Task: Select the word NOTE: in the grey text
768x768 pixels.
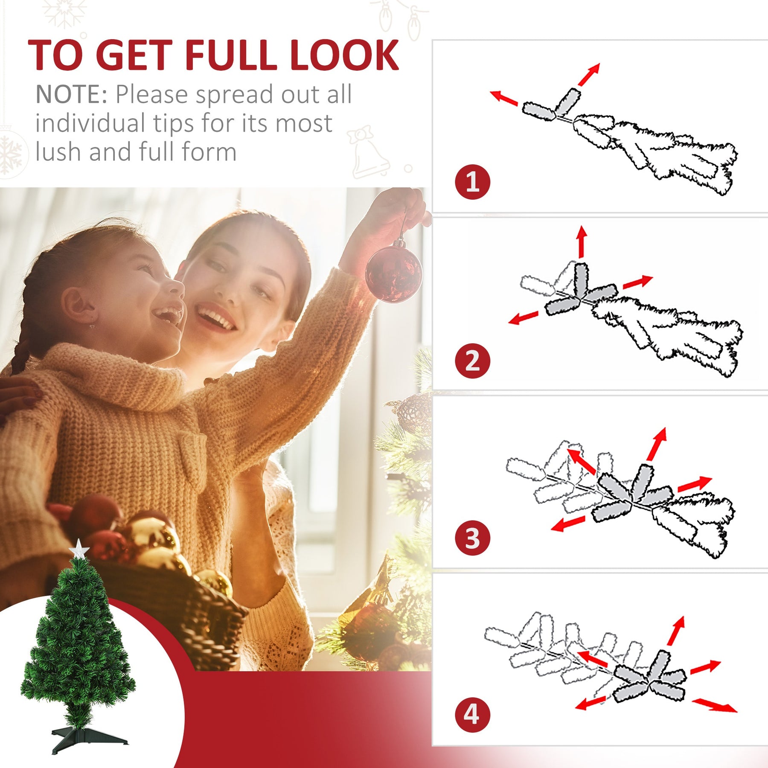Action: click(72, 94)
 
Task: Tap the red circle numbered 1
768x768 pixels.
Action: click(472, 182)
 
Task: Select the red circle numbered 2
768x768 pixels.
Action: click(472, 361)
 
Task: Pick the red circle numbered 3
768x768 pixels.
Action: click(472, 538)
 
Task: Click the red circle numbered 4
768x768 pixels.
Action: click(472, 715)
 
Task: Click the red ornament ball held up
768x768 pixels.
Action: click(394, 273)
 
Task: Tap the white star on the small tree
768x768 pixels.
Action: click(79, 549)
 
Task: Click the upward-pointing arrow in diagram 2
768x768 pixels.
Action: click(581, 242)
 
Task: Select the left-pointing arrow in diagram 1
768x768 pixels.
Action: click(504, 98)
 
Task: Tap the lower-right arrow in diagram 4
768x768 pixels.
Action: click(715, 706)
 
